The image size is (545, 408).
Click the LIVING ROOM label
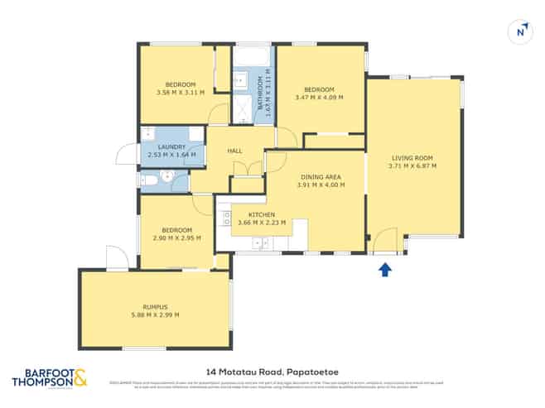412,157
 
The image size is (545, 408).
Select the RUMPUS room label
155,306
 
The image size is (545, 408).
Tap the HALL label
234,151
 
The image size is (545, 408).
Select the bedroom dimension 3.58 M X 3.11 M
180,93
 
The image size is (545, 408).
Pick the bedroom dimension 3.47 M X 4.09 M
319,97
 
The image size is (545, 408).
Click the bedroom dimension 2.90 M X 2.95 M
177,238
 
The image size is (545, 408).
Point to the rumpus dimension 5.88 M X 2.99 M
155,314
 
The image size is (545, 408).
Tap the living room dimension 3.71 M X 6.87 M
412,166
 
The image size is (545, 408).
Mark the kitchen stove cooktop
226,217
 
